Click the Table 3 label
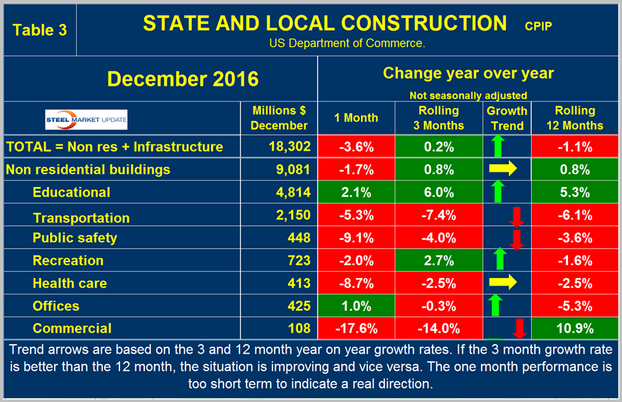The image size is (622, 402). tap(39, 30)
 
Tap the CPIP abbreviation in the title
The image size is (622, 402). tap(539, 26)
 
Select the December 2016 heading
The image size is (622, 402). tap(183, 79)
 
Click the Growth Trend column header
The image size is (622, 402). tap(506, 118)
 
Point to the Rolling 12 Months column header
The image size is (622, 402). tap(574, 118)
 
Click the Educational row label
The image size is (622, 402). tap(71, 192)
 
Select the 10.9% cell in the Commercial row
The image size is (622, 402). tap(574, 328)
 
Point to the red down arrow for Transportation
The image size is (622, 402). tap(517, 217)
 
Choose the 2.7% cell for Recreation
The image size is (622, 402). tap(438, 260)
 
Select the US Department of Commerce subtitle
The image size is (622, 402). tap(347, 44)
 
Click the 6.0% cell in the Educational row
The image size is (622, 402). tap(438, 192)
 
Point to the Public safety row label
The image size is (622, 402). tap(75, 238)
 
